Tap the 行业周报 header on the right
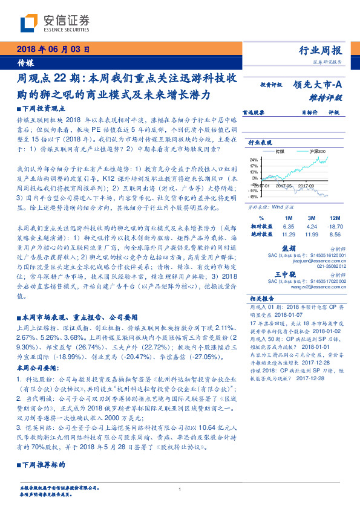point(321,51)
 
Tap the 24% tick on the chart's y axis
point(253,160)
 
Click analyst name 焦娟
point(289,248)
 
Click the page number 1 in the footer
point(180,489)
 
